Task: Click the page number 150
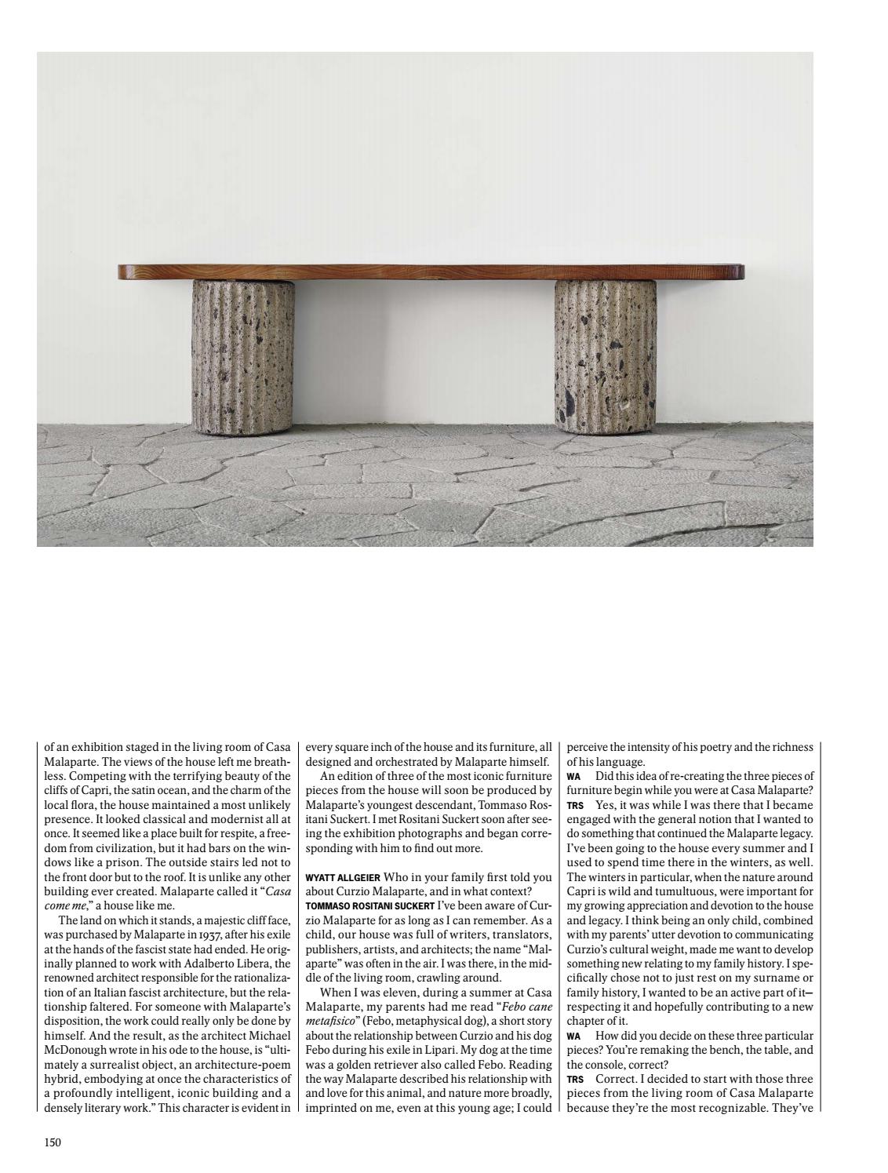(x=53, y=1142)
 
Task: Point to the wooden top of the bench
(x=431, y=271)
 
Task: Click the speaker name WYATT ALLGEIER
(x=343, y=878)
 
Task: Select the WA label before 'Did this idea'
(x=573, y=777)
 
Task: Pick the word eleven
(x=388, y=993)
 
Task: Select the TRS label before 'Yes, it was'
(x=575, y=805)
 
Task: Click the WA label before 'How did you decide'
(x=573, y=1036)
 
